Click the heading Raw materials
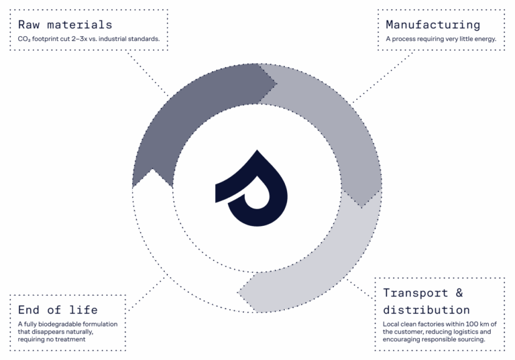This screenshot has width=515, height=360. [x=65, y=25]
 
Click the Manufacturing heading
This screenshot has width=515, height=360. [x=433, y=25]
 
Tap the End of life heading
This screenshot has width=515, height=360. [x=58, y=310]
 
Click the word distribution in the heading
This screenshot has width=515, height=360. [x=426, y=310]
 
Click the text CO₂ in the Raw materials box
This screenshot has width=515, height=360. [x=24, y=39]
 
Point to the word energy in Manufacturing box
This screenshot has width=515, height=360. [x=481, y=39]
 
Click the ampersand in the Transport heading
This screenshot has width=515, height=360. [x=459, y=293]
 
